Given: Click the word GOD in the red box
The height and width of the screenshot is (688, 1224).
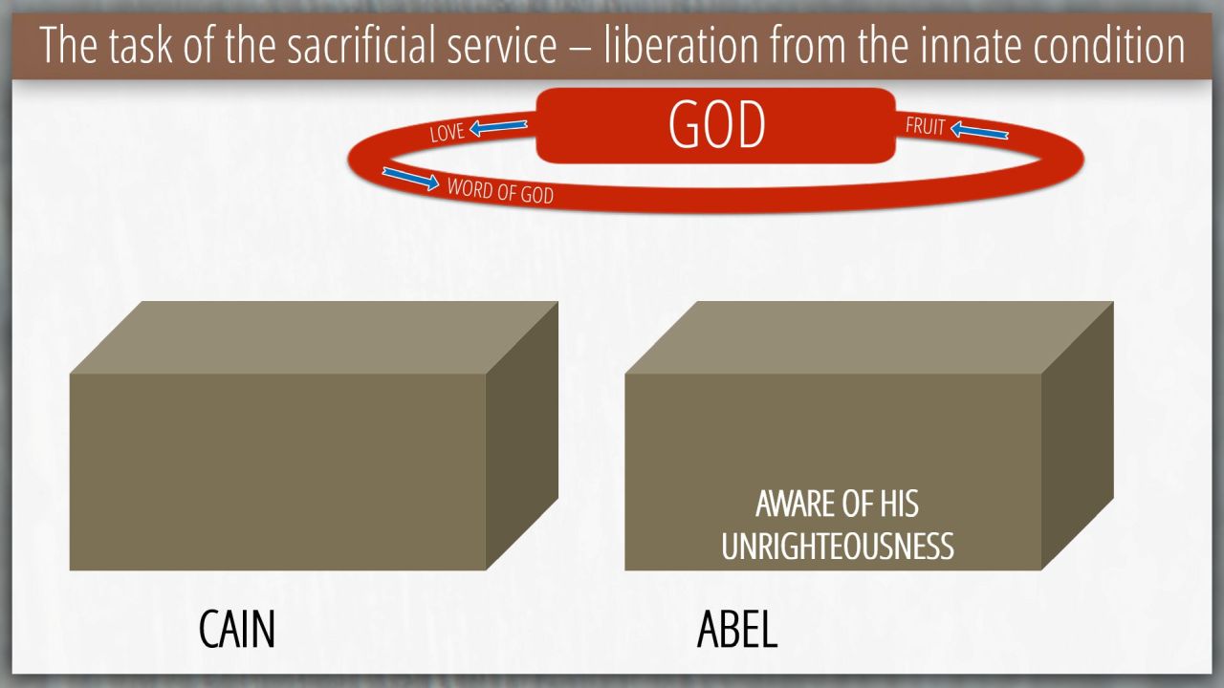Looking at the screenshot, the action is [x=716, y=125].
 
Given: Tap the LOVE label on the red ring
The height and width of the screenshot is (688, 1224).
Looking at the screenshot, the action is [x=447, y=132].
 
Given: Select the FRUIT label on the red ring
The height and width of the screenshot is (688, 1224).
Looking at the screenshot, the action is [x=925, y=126].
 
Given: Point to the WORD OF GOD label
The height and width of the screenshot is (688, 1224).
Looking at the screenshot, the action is [x=500, y=190].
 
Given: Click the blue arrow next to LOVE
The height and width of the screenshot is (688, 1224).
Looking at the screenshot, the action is [x=498, y=128].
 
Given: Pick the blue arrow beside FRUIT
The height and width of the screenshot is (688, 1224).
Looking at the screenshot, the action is [x=979, y=131].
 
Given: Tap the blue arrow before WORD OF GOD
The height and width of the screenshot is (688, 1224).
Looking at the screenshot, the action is [x=410, y=179].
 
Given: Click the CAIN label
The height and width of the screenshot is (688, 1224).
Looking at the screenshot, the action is [x=236, y=629].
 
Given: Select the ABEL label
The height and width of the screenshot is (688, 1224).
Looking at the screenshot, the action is [x=737, y=629].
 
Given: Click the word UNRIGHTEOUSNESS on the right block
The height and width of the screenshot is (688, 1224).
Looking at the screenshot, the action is [x=837, y=546].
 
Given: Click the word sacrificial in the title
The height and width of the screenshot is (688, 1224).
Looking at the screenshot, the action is [x=422, y=45].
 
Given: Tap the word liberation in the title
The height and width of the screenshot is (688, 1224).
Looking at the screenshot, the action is [x=681, y=45].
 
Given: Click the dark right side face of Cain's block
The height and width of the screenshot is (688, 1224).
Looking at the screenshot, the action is [x=522, y=436].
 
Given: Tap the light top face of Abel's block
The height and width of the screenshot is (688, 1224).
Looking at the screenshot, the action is [x=869, y=337].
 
